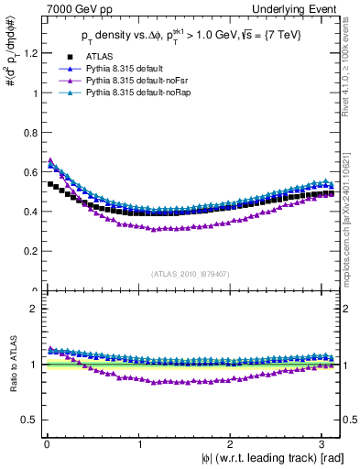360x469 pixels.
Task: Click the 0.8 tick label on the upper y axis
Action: point(28,132)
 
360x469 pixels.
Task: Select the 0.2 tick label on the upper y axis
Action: point(28,251)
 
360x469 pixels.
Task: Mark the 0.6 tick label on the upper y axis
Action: point(28,171)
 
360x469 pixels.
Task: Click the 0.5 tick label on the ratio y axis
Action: point(28,420)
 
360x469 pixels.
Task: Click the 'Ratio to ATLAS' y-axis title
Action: point(11,365)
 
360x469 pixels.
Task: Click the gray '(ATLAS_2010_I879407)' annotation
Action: point(191,272)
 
